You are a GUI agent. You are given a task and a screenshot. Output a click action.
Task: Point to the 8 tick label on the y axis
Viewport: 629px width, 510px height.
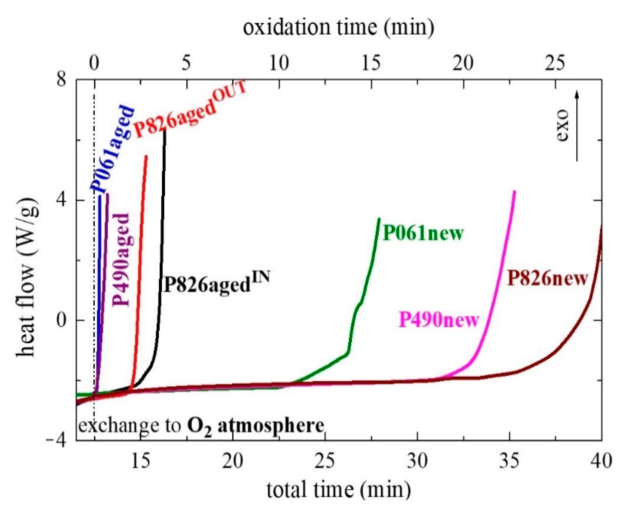pos(62,79)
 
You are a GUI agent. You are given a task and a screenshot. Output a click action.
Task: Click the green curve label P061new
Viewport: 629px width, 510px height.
pos(423,233)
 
